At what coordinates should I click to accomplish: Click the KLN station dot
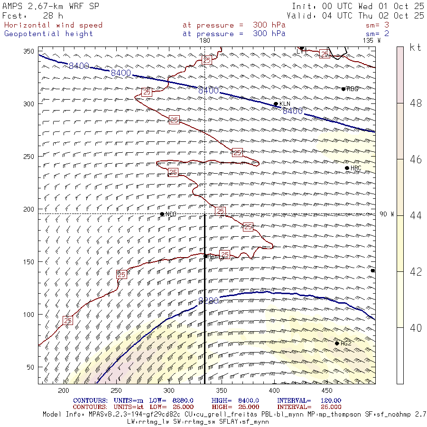click(276, 104)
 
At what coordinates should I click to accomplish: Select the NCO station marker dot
click(162, 214)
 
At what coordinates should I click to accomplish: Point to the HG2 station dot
click(337, 343)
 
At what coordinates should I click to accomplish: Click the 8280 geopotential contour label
click(208, 301)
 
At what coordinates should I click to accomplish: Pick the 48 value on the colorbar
click(416, 103)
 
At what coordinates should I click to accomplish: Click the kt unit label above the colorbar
click(415, 47)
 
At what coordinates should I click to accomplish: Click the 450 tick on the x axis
click(327, 390)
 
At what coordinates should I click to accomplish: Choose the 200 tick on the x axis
click(64, 390)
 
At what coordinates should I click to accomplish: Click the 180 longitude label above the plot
click(204, 41)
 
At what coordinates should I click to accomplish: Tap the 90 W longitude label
click(387, 214)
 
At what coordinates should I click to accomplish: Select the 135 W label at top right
click(371, 41)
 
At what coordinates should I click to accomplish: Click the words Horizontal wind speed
click(53, 25)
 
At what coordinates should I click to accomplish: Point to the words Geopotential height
click(49, 34)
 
